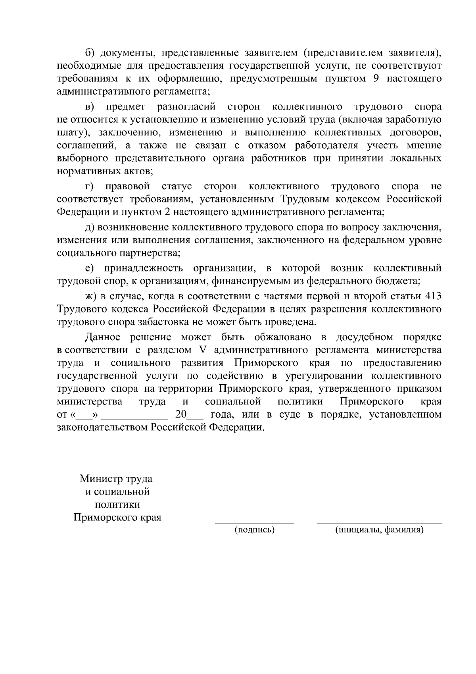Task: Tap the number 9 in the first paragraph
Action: point(376,78)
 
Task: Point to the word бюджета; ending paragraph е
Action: point(398,281)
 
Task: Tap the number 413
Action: point(433,296)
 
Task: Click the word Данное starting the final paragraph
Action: point(103,337)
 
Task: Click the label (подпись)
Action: point(255,530)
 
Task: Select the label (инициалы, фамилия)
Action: point(379,530)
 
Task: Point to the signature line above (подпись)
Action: point(254,523)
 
